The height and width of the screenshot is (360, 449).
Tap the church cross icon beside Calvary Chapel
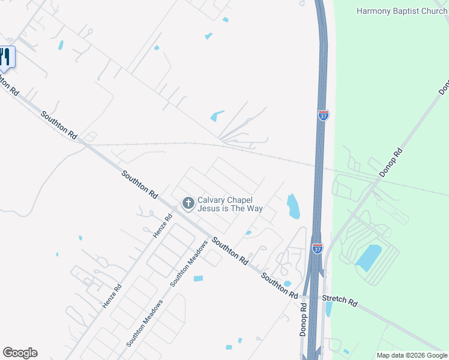tap(188, 203)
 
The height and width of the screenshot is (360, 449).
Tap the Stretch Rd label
tap(340, 301)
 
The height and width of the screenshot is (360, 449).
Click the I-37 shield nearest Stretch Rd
tap(318, 248)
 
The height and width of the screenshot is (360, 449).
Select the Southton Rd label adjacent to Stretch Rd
tap(280, 286)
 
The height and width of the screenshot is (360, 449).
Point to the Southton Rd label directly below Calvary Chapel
tap(229, 251)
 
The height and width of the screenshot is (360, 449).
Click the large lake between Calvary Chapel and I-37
tap(293, 206)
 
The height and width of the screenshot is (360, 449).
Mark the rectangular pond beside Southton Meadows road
tap(198, 278)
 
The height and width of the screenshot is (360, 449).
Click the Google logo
tap(20, 353)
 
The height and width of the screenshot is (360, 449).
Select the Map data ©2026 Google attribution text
tap(411, 355)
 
